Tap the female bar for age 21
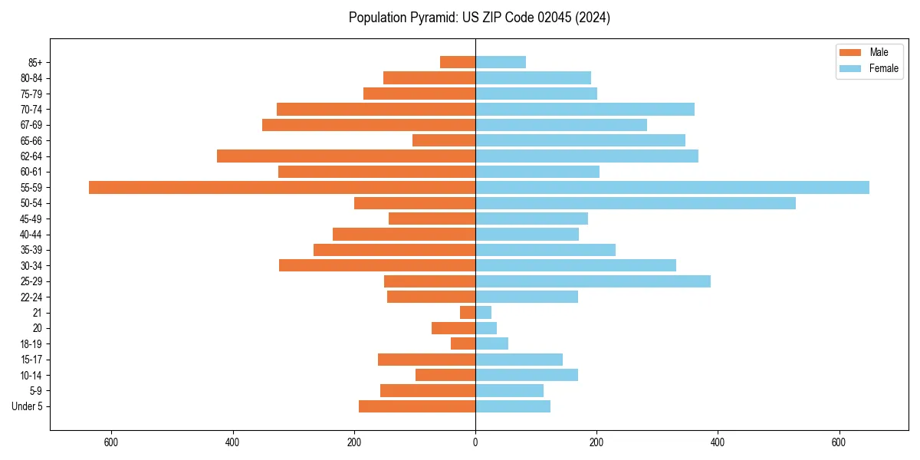coord(483,312)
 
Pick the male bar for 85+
coord(458,62)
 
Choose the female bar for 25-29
coord(593,281)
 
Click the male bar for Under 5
coord(417,406)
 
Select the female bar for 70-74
coord(584,109)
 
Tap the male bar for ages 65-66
coord(444,140)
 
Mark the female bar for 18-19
coord(491,343)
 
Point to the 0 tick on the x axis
coord(475,442)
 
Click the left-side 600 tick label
coord(111,442)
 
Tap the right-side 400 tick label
coord(717,442)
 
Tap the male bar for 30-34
coord(377,265)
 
